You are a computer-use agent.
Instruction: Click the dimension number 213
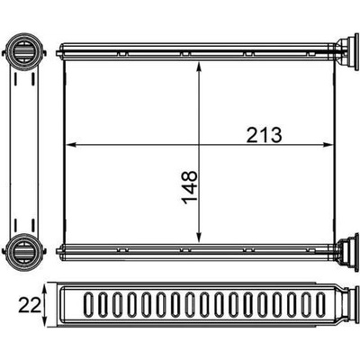pos(264,135)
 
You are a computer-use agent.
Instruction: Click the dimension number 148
pos(190,188)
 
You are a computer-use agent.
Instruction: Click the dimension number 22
pos(29,306)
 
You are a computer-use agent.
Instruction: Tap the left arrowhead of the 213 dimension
pos(70,145)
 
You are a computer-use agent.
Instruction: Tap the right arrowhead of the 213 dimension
pos(328,145)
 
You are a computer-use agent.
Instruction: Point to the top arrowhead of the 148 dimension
pos(198,67)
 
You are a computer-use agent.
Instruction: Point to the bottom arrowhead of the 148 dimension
pos(198,238)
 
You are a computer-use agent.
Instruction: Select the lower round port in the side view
pos(23,249)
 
